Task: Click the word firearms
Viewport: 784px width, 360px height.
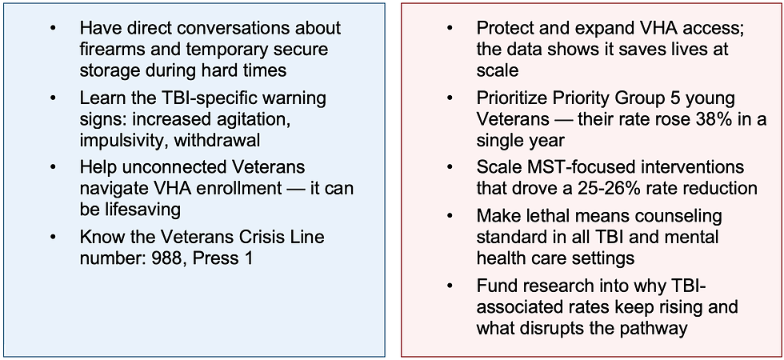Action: point(110,49)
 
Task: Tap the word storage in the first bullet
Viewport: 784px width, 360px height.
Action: point(110,70)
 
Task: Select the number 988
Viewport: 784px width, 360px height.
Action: point(173,258)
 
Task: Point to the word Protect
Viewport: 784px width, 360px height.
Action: point(505,28)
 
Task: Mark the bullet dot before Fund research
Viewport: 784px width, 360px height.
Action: point(450,286)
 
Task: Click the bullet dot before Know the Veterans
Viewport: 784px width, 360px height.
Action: point(54,238)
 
